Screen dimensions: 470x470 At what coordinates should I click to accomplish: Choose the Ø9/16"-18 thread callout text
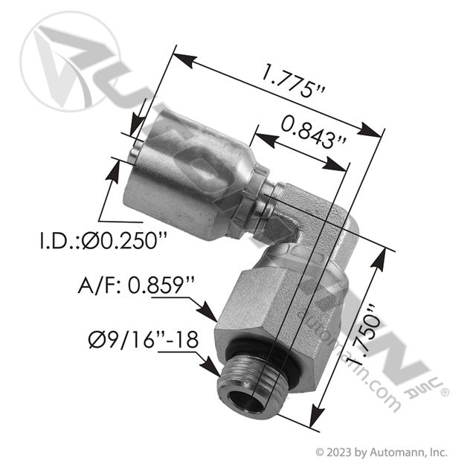coord(144,340)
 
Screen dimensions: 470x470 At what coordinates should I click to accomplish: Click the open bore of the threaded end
coord(243,402)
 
